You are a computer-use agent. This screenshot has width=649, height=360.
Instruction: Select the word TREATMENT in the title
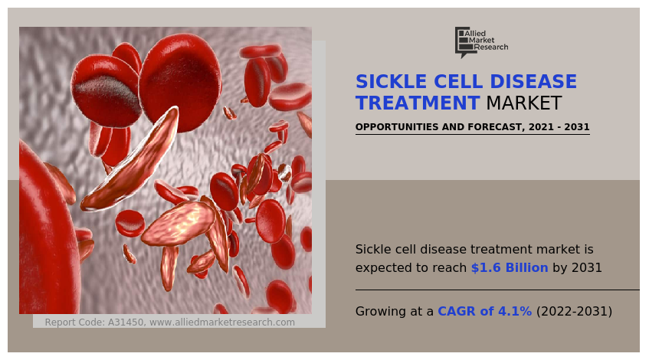tap(418, 103)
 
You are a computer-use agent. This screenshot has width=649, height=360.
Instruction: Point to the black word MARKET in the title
tap(524, 103)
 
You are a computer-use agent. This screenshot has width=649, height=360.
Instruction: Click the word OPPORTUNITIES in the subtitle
tap(397, 127)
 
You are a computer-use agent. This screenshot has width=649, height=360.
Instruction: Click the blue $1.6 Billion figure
tap(510, 268)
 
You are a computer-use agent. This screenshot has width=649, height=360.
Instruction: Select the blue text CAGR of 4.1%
tap(484, 312)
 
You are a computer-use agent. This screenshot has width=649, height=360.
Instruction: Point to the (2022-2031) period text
tap(574, 312)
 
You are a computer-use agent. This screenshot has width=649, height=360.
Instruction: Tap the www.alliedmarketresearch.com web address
tap(222, 322)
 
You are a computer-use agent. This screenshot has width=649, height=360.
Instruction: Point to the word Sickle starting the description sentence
tap(373, 250)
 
